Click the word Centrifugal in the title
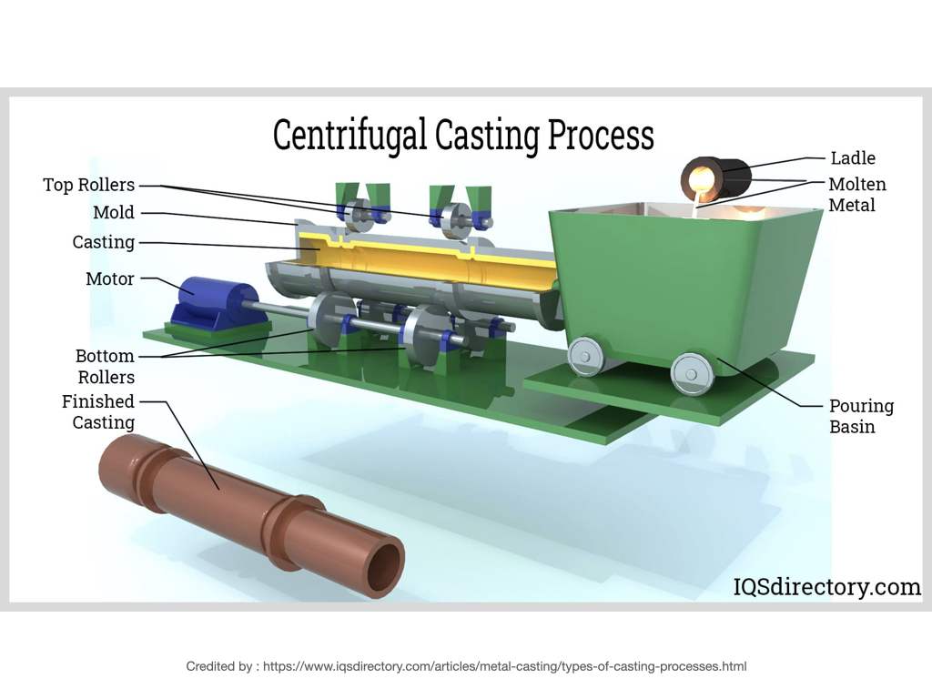click(349, 136)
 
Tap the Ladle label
click(853, 157)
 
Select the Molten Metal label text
click(856, 195)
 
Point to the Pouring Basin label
click(861, 416)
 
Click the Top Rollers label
click(88, 185)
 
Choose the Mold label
click(114, 213)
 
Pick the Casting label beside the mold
click(104, 242)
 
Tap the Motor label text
click(110, 279)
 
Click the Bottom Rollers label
click(105, 366)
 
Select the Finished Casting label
click(98, 411)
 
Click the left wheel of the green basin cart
click(585, 354)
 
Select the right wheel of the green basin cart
click(692, 373)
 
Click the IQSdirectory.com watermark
click(827, 587)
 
